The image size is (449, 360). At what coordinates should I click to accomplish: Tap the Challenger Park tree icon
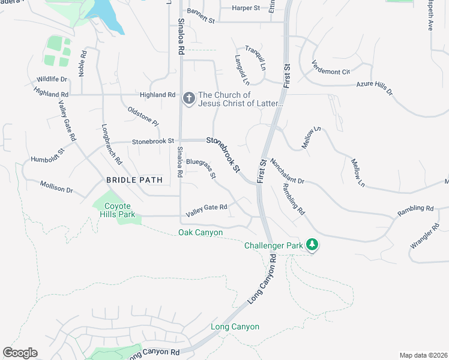(312, 245)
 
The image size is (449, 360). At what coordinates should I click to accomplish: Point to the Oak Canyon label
(200, 233)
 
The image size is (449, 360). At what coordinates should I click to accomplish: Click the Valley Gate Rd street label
(206, 208)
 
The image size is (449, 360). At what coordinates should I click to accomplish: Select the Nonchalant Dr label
(288, 171)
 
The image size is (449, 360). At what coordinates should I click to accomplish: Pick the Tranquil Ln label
(255, 58)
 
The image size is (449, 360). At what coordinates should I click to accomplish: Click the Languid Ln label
(241, 70)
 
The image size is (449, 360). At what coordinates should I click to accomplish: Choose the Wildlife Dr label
(52, 79)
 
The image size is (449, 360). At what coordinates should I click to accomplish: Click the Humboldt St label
(47, 155)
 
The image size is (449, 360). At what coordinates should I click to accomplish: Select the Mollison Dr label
(56, 187)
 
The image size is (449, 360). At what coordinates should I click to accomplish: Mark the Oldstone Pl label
(143, 116)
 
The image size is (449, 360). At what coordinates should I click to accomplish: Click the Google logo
(20, 353)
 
